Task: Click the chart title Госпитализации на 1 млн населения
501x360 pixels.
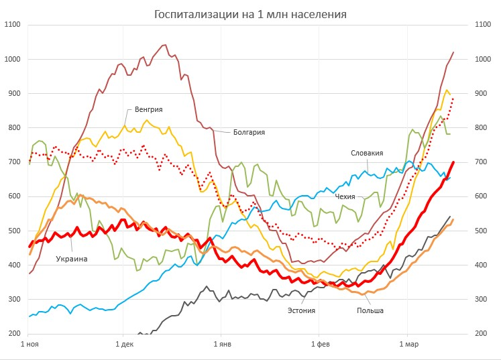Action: pos(255,14)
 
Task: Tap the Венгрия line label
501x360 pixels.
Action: pos(148,109)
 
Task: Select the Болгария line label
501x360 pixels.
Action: pos(249,132)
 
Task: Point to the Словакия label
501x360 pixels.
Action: pos(366,153)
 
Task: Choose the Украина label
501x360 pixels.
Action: pos(72,259)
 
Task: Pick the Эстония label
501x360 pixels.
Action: pos(301,310)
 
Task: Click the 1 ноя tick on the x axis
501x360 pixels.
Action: pos(30,344)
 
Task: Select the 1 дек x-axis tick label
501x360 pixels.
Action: pos(123,344)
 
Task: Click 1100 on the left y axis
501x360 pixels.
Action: pos(12,25)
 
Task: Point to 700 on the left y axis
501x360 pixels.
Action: pos(14,162)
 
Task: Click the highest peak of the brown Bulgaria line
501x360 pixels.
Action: pos(165,45)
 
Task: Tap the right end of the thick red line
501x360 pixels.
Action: pos(453,162)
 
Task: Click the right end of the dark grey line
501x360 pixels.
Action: pos(449,217)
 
